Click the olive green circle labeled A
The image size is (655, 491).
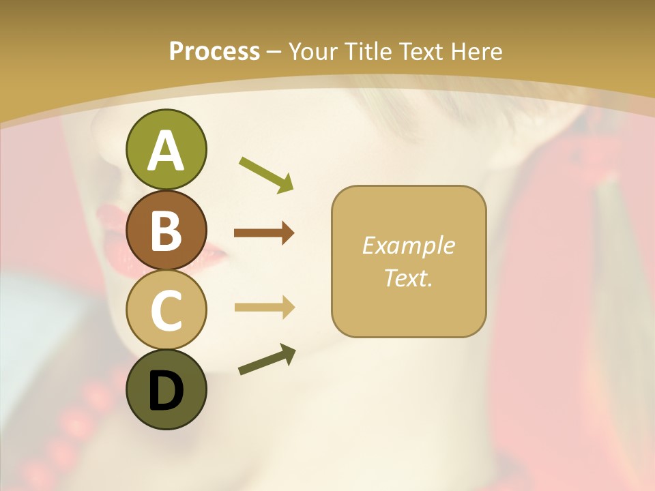tap(166, 149)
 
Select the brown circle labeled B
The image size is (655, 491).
tap(166, 230)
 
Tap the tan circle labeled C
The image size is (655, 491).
tap(166, 310)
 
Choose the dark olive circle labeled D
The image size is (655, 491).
tap(166, 389)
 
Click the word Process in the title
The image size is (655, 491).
tap(214, 51)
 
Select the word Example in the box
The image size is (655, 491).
tap(408, 245)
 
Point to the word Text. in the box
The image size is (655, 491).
tap(408, 278)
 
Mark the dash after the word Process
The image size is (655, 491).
tap(274, 52)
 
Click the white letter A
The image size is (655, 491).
tap(166, 151)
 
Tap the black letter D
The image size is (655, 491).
tap(166, 391)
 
